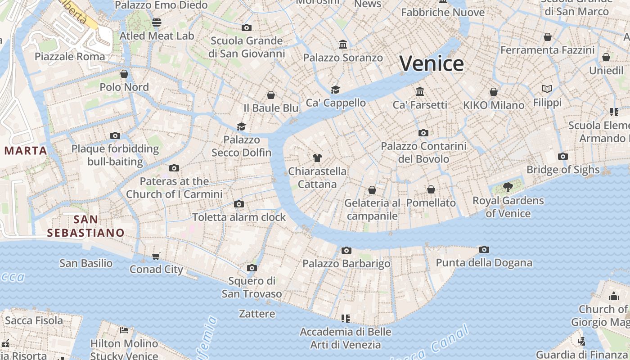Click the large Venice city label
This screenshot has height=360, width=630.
[431, 63]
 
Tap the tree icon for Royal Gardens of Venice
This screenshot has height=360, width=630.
[508, 187]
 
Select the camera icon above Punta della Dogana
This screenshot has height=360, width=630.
[484, 249]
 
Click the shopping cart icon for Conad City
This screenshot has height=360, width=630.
[156, 256]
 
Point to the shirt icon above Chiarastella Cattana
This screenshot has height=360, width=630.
[317, 157]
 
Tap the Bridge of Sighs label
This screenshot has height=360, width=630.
[563, 170]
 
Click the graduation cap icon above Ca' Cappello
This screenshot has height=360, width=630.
[335, 89]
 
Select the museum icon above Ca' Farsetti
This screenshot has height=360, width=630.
[420, 91]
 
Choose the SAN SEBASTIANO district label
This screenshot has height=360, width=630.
[85, 226]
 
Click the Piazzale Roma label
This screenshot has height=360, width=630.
[70, 57]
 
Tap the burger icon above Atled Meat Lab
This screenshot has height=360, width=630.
[157, 22]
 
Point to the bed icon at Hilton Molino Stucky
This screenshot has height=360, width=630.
[124, 330]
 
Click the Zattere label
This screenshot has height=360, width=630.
[257, 314]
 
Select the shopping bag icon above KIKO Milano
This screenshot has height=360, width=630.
[494, 92]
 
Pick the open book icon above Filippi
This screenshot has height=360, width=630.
[547, 89]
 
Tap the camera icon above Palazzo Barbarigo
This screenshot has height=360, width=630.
[346, 250]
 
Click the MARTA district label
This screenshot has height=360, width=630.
[26, 151]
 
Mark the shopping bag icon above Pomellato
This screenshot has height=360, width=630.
[431, 189]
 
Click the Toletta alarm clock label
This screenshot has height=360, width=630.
[239, 217]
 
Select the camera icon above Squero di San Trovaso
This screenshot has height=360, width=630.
[252, 268]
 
